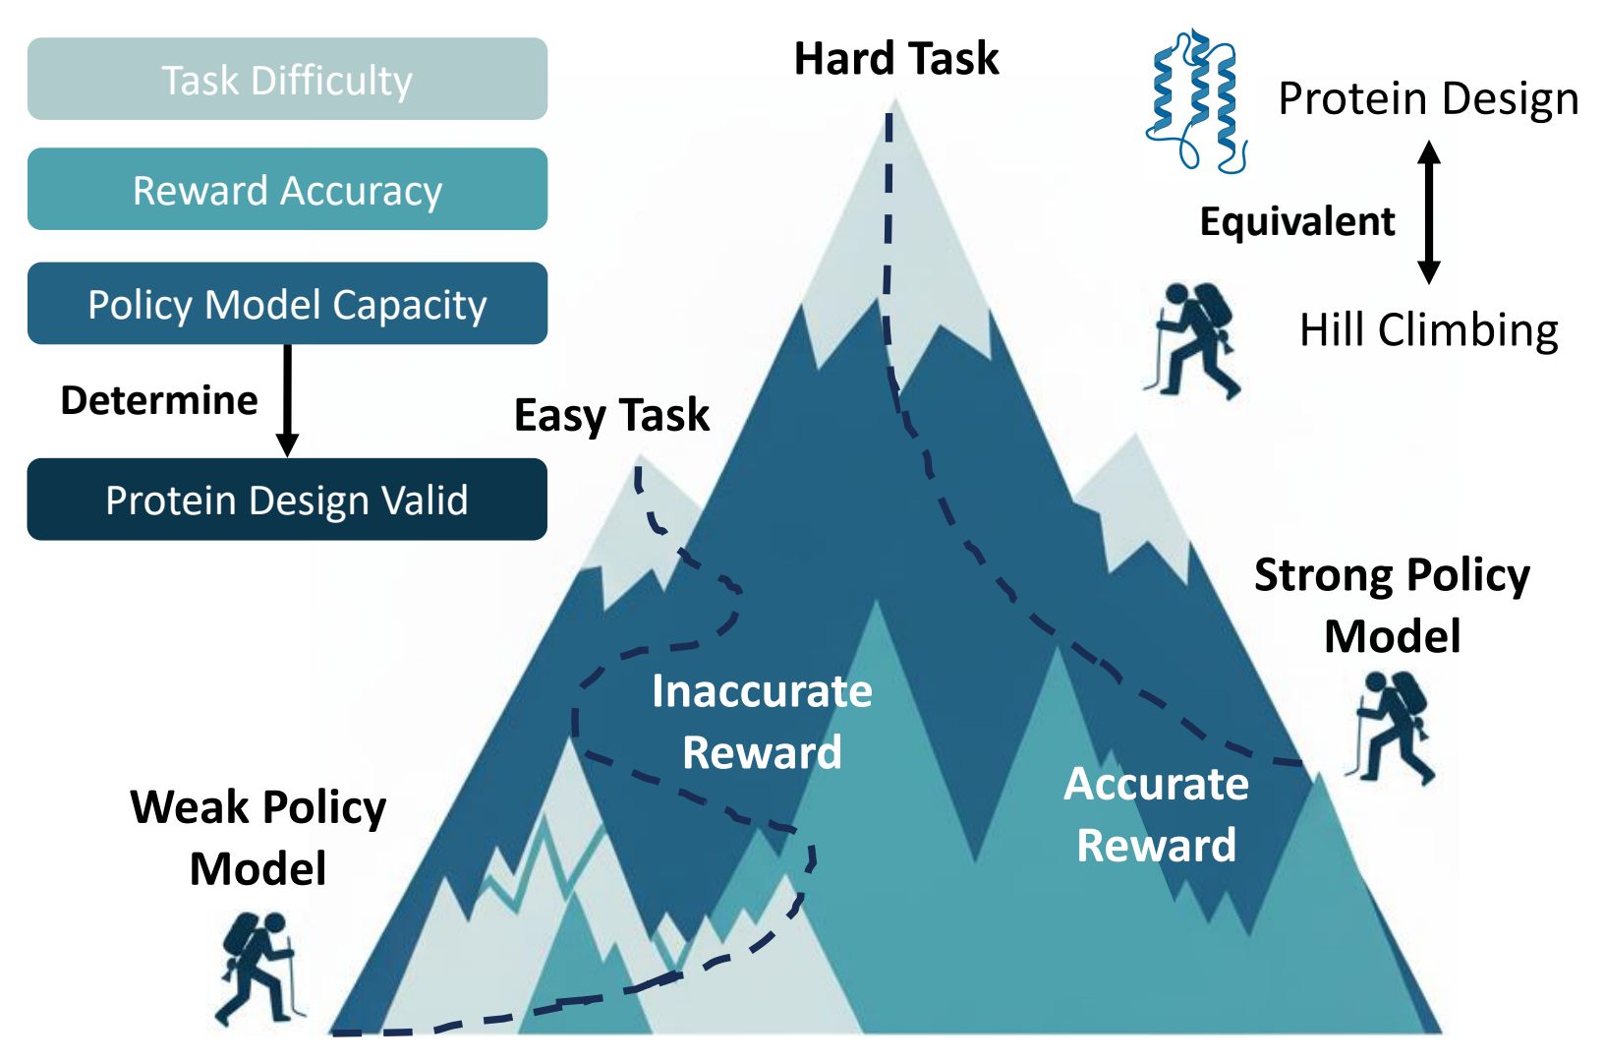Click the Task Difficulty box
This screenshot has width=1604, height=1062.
287,80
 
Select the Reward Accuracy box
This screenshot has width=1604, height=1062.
287,190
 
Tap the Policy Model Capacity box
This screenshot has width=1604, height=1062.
287,304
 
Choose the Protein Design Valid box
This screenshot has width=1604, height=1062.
287,500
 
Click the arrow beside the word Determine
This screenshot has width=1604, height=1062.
287,399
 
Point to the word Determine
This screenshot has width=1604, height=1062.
159,400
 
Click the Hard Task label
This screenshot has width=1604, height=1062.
895,59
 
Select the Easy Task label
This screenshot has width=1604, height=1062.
611,415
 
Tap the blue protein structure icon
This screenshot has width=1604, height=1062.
1195,100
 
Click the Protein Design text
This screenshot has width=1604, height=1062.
1428,99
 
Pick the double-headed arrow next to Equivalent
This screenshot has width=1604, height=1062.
1430,212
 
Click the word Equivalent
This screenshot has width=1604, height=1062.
1296,221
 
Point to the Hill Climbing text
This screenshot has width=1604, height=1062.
1428,330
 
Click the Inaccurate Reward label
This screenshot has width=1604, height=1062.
762,721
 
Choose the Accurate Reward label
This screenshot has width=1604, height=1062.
1156,814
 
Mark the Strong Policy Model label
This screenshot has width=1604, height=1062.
1392,605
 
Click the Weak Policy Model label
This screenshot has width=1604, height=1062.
258,838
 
